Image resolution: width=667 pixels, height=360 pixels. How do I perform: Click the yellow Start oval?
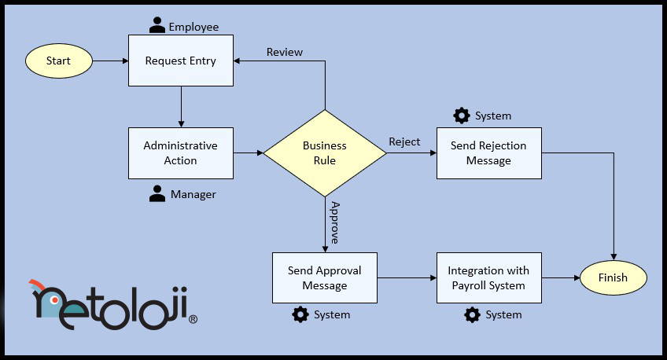point(59,61)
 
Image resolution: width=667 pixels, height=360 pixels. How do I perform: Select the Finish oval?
point(613,277)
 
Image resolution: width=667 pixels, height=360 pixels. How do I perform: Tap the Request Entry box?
point(181,61)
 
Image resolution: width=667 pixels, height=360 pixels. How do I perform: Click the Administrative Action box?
point(181,153)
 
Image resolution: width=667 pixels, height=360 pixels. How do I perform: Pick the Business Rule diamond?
point(325,152)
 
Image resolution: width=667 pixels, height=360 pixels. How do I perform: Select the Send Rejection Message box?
point(488,153)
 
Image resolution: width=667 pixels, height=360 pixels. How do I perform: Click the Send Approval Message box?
point(325,277)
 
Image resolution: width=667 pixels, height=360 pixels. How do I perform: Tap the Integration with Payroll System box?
point(488,277)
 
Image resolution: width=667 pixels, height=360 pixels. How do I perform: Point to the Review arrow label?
point(285,52)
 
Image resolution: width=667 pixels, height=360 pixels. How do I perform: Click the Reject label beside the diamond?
point(404,141)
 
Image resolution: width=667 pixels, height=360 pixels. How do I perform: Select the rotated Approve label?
point(334,223)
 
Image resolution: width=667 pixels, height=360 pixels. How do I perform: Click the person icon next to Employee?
point(157,26)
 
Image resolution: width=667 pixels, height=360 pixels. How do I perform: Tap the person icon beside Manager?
point(157,193)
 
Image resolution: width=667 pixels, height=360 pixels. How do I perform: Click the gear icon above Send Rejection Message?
point(462,116)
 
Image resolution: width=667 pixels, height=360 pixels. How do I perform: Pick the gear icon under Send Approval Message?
point(300,314)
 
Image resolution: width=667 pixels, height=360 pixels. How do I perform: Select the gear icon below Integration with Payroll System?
point(472,314)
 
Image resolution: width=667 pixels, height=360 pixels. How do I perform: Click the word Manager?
point(193,194)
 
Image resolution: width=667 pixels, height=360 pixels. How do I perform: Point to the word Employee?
point(193,27)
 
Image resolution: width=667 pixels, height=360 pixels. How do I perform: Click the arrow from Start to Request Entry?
point(110,61)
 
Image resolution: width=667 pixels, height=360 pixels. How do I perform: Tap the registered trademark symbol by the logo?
point(193,319)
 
